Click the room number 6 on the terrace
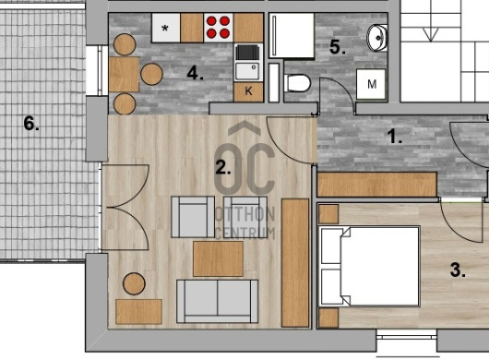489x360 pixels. click(x=31, y=124)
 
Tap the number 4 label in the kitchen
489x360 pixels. click(x=195, y=74)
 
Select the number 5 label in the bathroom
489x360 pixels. click(x=338, y=47)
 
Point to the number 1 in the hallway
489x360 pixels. click(x=394, y=137)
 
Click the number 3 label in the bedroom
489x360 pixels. click(x=458, y=270)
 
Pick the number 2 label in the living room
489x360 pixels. click(x=223, y=168)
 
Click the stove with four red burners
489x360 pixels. click(x=218, y=28)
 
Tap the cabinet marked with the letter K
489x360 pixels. click(x=248, y=91)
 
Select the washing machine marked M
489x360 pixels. click(x=371, y=84)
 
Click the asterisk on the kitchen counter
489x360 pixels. click(x=165, y=29)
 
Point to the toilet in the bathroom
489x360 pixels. click(x=297, y=83)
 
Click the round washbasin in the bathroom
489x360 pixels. click(x=377, y=38)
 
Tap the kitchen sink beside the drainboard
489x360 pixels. click(x=247, y=71)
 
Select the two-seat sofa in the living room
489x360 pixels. click(x=218, y=301)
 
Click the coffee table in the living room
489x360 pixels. click(x=218, y=258)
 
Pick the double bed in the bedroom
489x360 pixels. click(x=370, y=267)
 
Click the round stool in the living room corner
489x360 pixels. click(x=134, y=284)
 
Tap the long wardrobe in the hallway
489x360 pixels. click(x=376, y=185)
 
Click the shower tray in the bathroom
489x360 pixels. click(x=292, y=35)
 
